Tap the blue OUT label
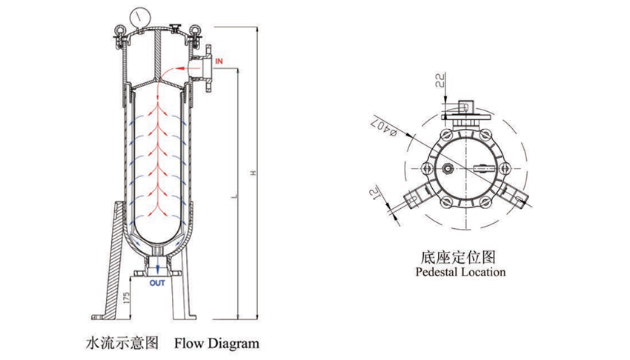coord(158,282)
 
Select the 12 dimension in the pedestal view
coord(389,196)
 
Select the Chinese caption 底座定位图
coord(457,257)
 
